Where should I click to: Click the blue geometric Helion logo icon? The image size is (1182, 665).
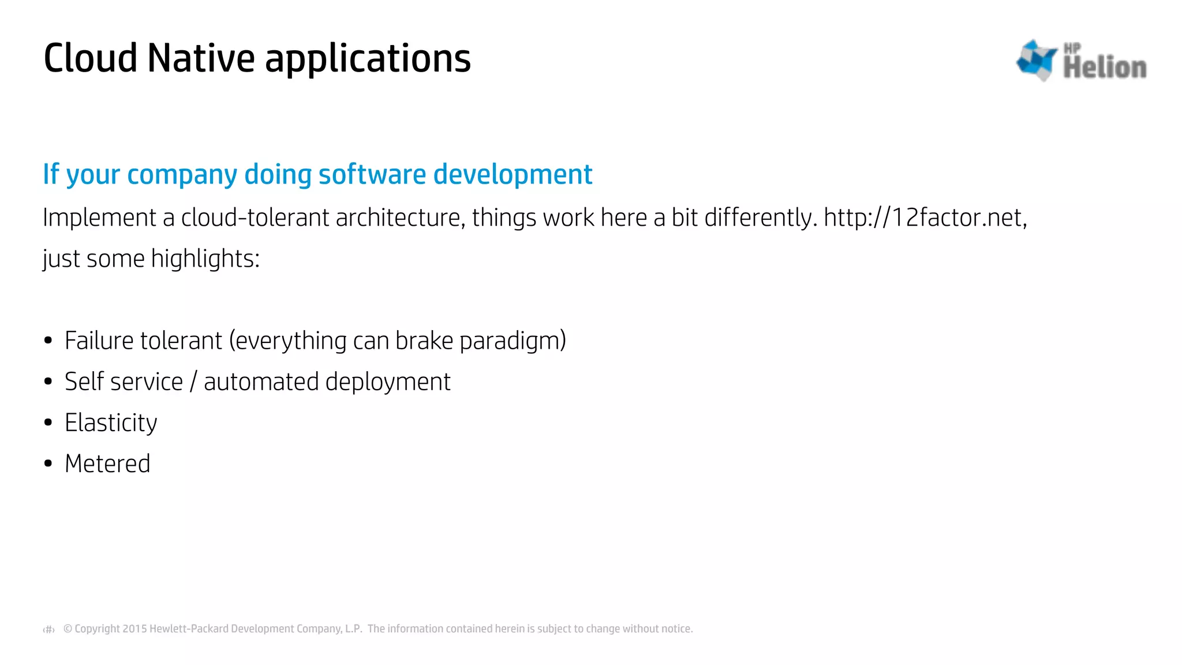click(1037, 60)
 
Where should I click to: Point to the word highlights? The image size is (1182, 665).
click(205, 259)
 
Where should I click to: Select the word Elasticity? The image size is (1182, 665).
click(111, 423)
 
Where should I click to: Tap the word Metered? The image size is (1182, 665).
click(108, 464)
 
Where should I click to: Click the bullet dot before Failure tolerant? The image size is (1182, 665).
click(48, 341)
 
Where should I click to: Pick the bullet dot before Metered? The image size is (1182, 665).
click(48, 464)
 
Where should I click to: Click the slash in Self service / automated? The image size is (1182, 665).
click(193, 382)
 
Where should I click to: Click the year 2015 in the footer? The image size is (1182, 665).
click(135, 629)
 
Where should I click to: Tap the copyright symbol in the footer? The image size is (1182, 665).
click(68, 629)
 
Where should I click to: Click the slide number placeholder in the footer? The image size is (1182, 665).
click(49, 629)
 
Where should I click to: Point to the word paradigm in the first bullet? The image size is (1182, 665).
click(513, 341)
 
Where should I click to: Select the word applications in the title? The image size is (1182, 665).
click(368, 59)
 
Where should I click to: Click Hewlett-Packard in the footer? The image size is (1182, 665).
click(189, 629)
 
